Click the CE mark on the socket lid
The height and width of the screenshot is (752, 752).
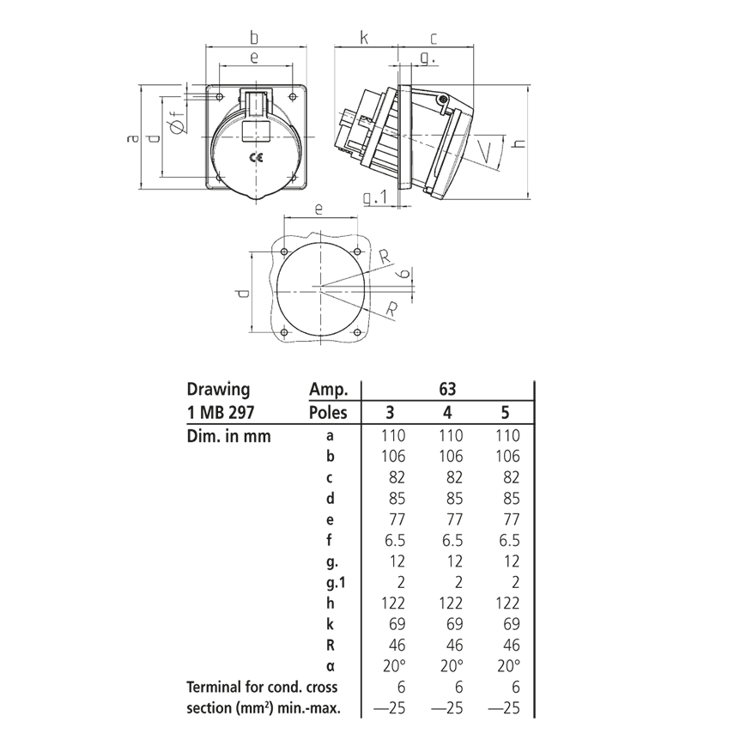[256, 157]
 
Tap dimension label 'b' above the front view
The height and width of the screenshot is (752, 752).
[254, 37]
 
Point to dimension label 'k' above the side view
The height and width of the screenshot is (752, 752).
[364, 38]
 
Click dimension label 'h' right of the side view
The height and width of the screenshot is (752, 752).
[518, 143]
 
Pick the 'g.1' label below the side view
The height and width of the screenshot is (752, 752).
[375, 198]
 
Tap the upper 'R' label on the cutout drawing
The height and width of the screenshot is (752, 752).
[385, 255]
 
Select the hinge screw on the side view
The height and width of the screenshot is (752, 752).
[442, 102]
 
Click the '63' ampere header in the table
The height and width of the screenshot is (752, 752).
[448, 389]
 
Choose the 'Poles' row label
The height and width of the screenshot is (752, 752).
[327, 412]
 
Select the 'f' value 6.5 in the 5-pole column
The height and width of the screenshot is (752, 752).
[508, 540]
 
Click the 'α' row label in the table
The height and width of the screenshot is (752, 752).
[331, 666]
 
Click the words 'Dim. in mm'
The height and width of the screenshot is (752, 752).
[228, 435]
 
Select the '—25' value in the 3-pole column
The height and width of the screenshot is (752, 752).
[391, 708]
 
